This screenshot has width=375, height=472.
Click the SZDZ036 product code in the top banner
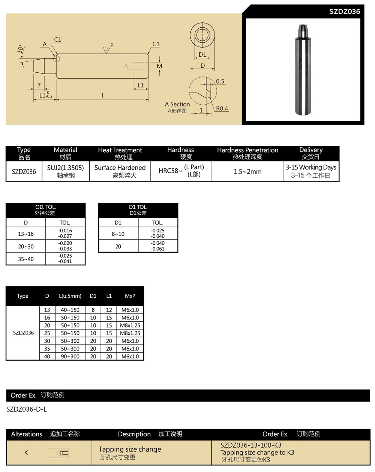coord(344,12)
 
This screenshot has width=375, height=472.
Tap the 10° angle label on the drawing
coord(21,49)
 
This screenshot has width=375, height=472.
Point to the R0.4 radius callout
coord(222,109)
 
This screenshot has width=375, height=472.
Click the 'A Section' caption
coord(177,104)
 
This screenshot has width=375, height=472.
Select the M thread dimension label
coord(160,66)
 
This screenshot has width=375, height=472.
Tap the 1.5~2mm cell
coord(247,172)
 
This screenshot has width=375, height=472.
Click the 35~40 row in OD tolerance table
coord(26,259)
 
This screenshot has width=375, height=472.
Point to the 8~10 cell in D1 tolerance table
coord(118,234)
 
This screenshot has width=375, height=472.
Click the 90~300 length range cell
coord(70,357)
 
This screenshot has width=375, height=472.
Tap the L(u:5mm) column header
coord(70,296)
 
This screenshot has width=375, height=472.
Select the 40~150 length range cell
coord(70,310)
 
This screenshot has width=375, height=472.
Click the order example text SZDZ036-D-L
coord(27,409)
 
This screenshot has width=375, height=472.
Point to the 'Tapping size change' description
coord(130,449)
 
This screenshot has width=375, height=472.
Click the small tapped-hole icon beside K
coord(59,453)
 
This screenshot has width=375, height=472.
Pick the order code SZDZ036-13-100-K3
coord(251,445)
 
